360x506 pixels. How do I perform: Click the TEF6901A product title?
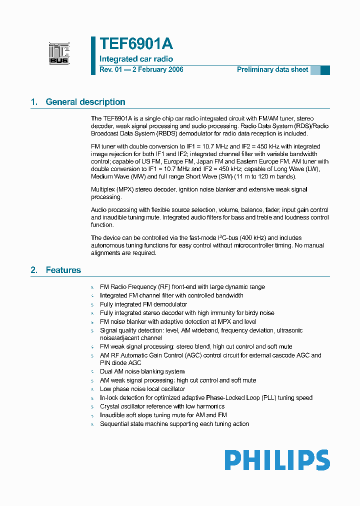136,44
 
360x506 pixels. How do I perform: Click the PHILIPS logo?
277,460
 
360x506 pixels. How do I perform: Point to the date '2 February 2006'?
157,69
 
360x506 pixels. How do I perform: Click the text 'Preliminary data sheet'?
272,69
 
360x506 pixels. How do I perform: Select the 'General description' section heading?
85,102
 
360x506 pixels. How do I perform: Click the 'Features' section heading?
63,270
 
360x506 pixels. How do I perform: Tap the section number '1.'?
34,102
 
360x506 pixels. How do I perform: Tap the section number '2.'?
34,270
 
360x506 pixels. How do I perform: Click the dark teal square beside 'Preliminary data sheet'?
325,70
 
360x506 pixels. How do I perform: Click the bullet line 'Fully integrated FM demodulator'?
143,304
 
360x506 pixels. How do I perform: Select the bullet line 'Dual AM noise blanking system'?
142,371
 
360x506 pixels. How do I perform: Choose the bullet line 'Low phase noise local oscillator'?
142,389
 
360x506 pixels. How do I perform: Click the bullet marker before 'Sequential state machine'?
92,424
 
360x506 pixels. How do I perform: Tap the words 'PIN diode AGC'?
120,362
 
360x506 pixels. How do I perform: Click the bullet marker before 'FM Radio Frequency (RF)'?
92,287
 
